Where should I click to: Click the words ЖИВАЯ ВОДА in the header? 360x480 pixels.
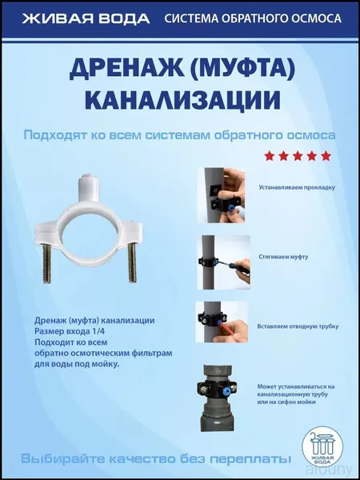pyautogui.click(x=86, y=18)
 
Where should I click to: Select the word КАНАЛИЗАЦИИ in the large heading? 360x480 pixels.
pyautogui.click(x=182, y=100)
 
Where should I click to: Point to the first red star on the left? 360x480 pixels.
pyautogui.click(x=270, y=156)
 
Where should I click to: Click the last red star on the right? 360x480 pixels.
pyautogui.click(x=326, y=156)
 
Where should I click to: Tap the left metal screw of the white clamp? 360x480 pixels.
pyautogui.click(x=47, y=263)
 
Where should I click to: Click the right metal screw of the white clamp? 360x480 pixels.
pyautogui.click(x=132, y=262)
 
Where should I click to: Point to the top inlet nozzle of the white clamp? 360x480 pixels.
pyautogui.click(x=90, y=187)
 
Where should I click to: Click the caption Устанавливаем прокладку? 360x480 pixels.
pyautogui.click(x=297, y=188)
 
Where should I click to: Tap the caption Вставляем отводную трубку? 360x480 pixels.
pyautogui.click(x=298, y=326)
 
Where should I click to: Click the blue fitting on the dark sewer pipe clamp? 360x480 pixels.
pyautogui.click(x=226, y=387)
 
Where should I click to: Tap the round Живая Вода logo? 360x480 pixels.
pyautogui.click(x=322, y=446)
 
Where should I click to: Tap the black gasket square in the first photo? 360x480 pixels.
pyautogui.click(x=217, y=191)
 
